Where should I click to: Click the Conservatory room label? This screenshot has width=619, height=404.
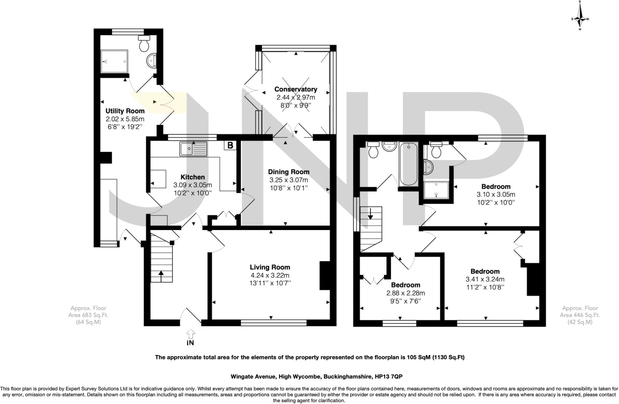coord(296,89)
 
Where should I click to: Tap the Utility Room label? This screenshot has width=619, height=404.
coord(125,111)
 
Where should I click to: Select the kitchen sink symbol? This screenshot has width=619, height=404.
coord(193,149)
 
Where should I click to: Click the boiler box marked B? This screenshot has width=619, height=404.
coord(230,146)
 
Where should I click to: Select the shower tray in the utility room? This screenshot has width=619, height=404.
coord(114,61)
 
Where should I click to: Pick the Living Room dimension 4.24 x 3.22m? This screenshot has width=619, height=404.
coord(270,275)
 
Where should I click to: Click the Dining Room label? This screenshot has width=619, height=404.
coord(289,172)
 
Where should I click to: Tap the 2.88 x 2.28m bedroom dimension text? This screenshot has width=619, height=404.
coord(406,293)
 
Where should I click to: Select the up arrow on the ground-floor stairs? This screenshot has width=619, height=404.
coord(161,275)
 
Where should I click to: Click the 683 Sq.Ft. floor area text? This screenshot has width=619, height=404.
coord(88,315)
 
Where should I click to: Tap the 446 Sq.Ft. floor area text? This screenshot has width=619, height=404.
coord(580,315)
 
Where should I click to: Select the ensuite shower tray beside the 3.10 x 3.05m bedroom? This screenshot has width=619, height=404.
coord(436,190)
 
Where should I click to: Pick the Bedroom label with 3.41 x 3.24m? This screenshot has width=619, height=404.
coord(485,271)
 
